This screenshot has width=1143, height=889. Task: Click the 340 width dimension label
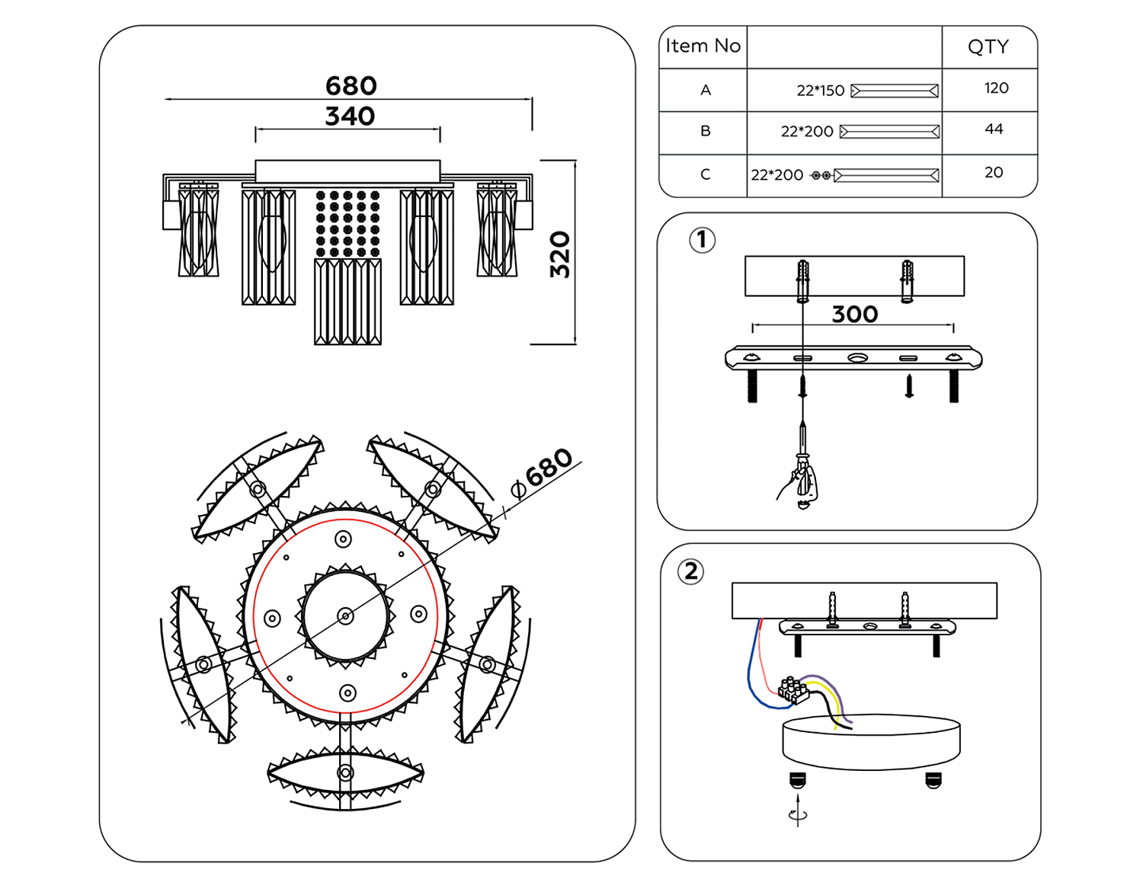point(350,117)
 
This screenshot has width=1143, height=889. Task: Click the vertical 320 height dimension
point(560,254)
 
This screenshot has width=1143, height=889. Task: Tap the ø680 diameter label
point(543,471)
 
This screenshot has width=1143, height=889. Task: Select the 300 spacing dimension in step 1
point(854,314)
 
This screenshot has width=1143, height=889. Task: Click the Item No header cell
point(703,46)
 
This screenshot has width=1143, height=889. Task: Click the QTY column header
point(988,47)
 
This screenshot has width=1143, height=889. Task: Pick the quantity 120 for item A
point(996,88)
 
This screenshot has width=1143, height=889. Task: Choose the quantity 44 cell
point(994,130)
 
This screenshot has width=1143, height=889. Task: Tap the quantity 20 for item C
point(994,173)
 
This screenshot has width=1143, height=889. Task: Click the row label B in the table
point(706,131)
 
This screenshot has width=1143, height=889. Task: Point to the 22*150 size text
point(821,91)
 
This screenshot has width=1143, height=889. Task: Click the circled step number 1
point(702,241)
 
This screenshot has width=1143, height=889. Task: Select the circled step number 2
point(690,571)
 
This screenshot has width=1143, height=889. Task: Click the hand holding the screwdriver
point(800,484)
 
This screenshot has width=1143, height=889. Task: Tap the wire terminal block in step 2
point(794,689)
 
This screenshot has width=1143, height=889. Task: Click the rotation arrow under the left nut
point(798,814)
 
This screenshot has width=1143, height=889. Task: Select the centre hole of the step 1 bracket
point(857,357)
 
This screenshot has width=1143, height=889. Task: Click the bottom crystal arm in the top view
point(345,772)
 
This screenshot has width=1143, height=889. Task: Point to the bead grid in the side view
point(347,224)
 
